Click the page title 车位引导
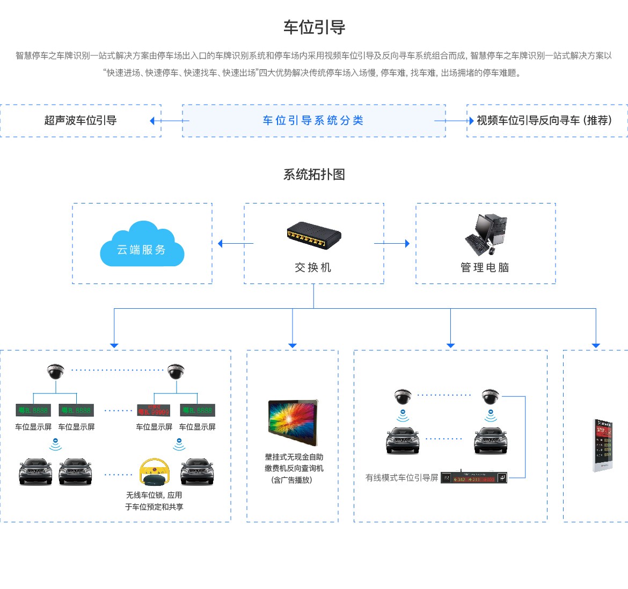[x=314, y=27]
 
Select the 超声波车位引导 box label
[x=81, y=120]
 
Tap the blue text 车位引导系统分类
[x=313, y=120]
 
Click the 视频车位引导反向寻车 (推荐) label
[x=544, y=120]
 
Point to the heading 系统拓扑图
[x=314, y=174]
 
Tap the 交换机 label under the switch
[x=313, y=267]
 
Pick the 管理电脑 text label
[x=485, y=267]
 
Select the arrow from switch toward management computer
[x=392, y=243]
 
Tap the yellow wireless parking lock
[x=154, y=472]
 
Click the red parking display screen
[x=154, y=411]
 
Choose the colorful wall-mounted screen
[x=293, y=423]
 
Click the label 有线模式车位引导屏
[x=401, y=477]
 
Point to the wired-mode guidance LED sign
[x=474, y=478]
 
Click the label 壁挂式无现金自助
[x=294, y=457]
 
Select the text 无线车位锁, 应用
[x=154, y=495]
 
